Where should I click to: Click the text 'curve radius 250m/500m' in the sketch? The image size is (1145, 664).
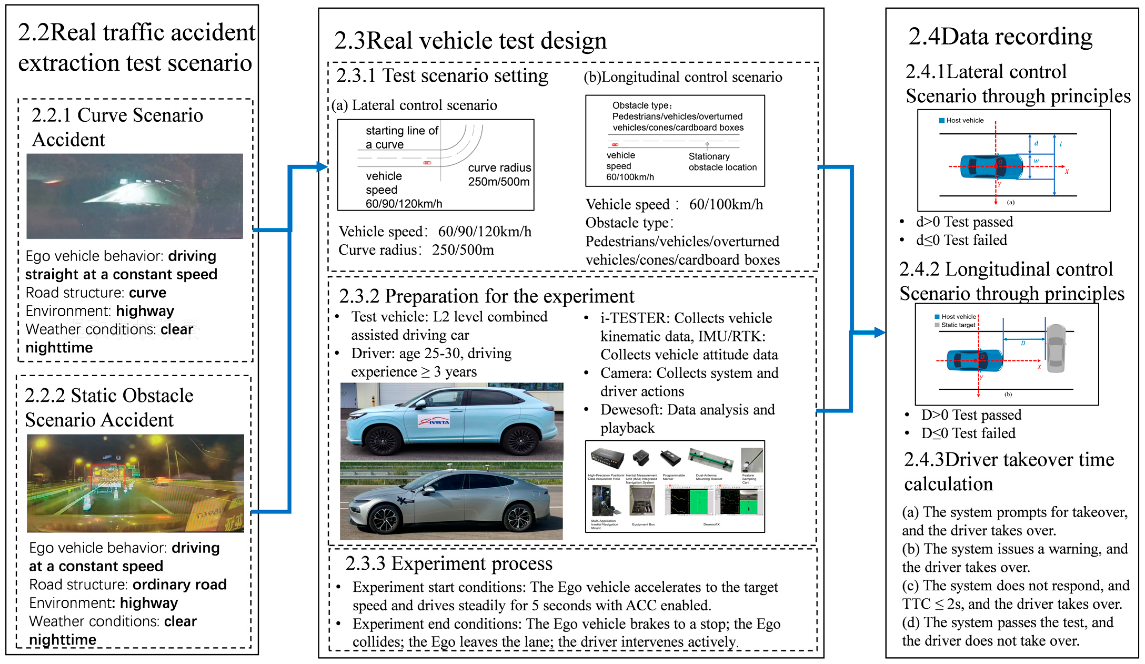(499, 174)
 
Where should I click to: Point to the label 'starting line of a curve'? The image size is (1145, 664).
(402, 137)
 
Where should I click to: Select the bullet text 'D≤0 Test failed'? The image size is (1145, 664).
(968, 433)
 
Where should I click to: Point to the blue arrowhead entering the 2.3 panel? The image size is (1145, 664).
(322, 167)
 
